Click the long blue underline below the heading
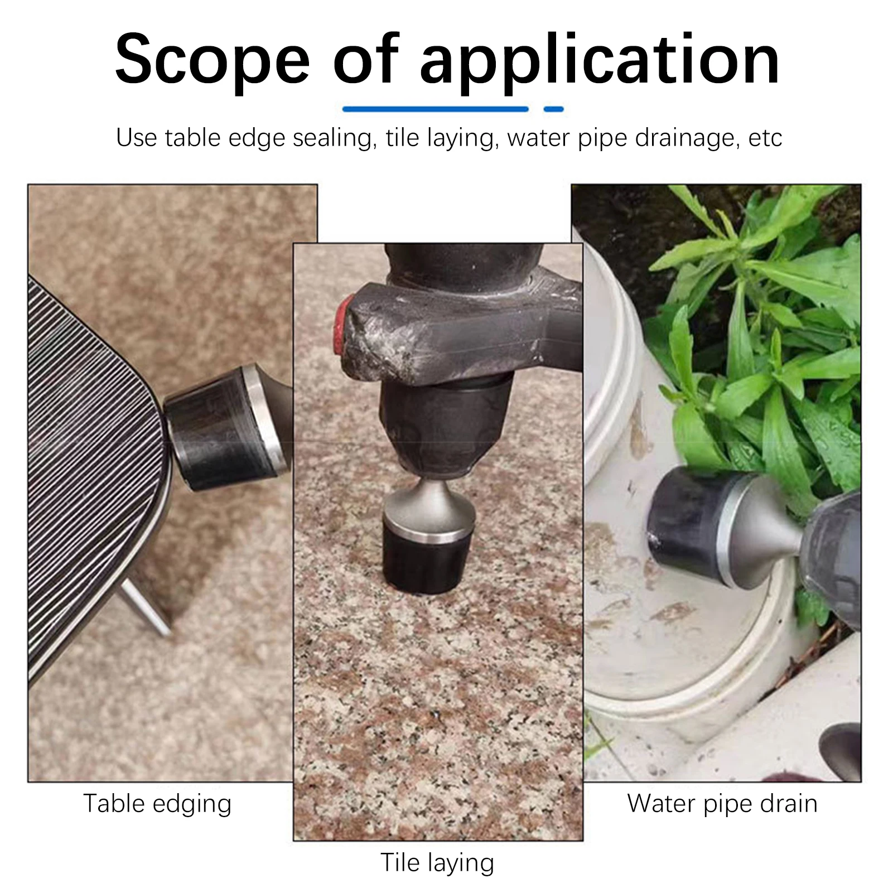click(x=435, y=109)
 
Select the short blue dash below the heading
click(x=553, y=109)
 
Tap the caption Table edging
click(x=157, y=804)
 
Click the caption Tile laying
click(x=437, y=862)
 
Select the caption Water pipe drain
click(x=722, y=804)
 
